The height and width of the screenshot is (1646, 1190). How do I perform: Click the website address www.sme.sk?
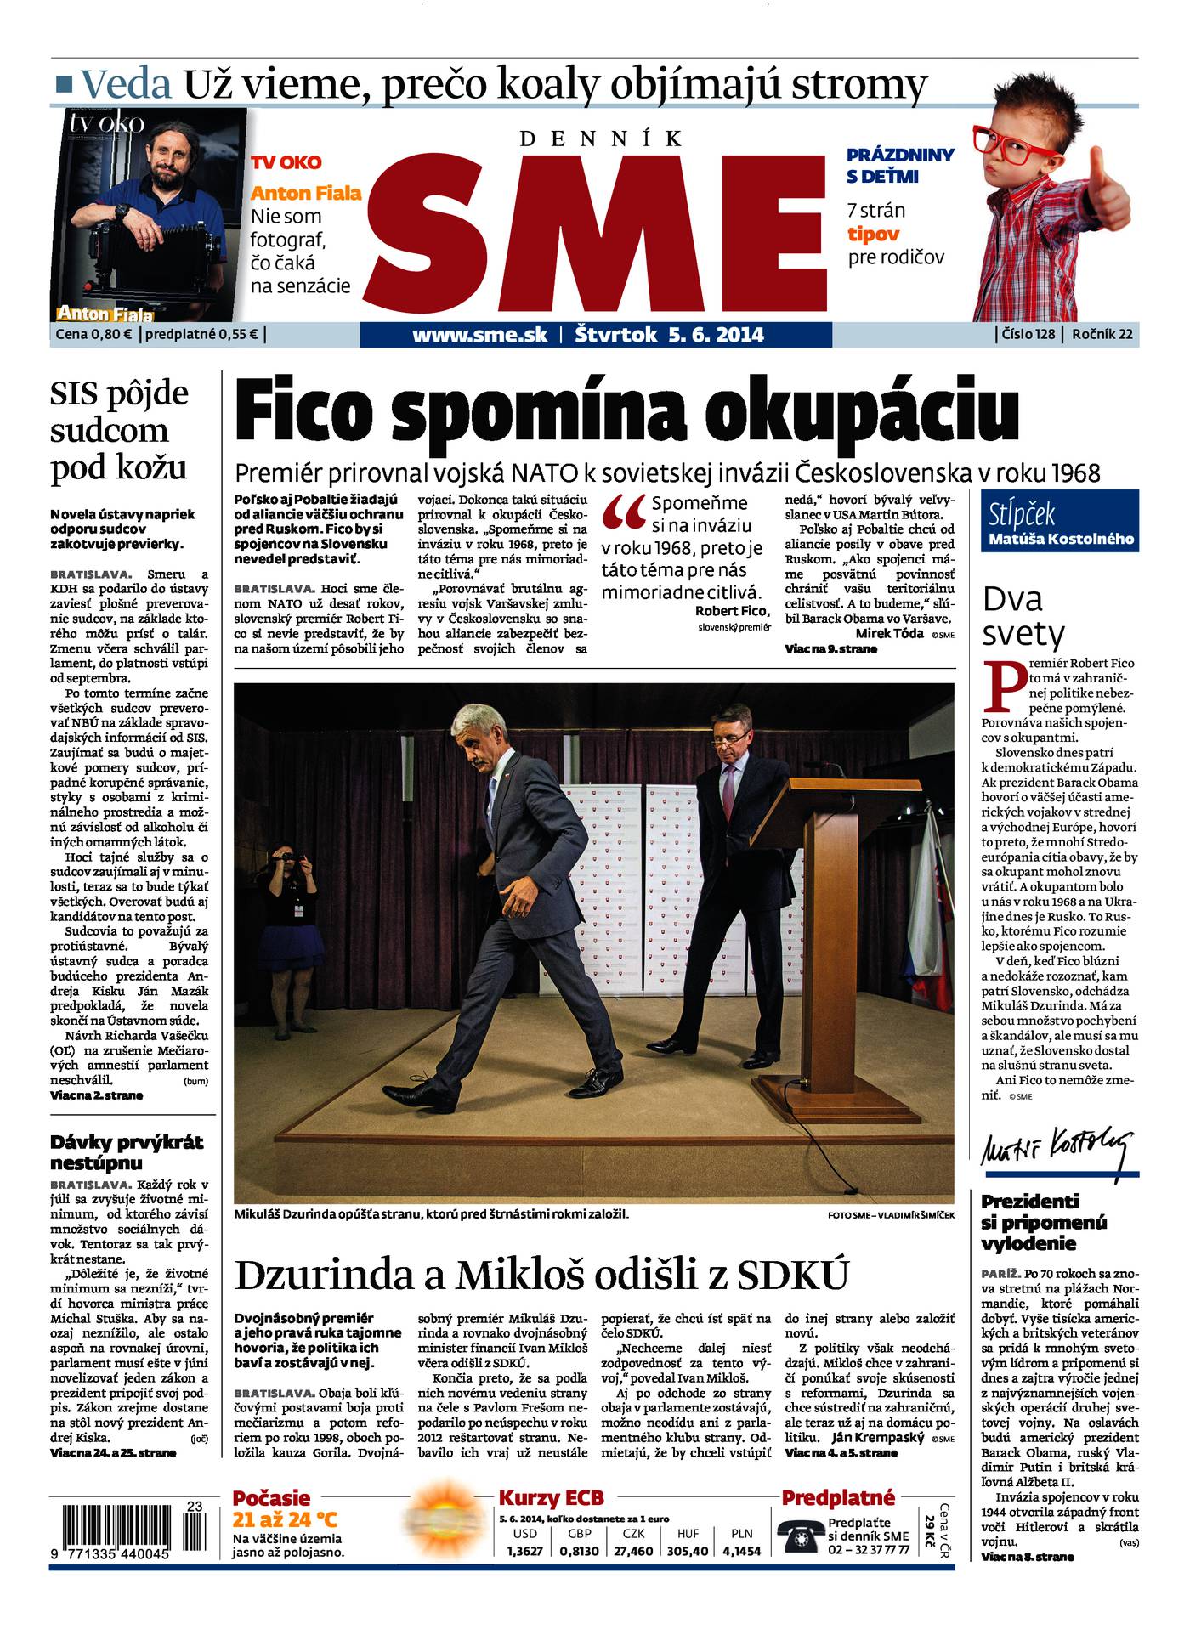[x=479, y=335]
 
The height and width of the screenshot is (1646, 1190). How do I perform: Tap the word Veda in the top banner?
[x=127, y=84]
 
